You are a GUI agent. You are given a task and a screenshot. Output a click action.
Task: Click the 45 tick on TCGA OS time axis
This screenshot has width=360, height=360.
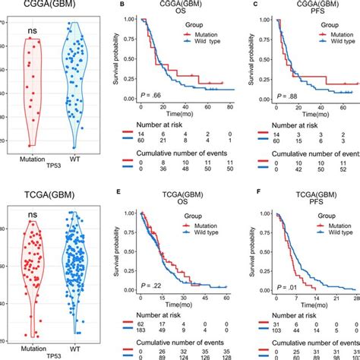tap(205, 298)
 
